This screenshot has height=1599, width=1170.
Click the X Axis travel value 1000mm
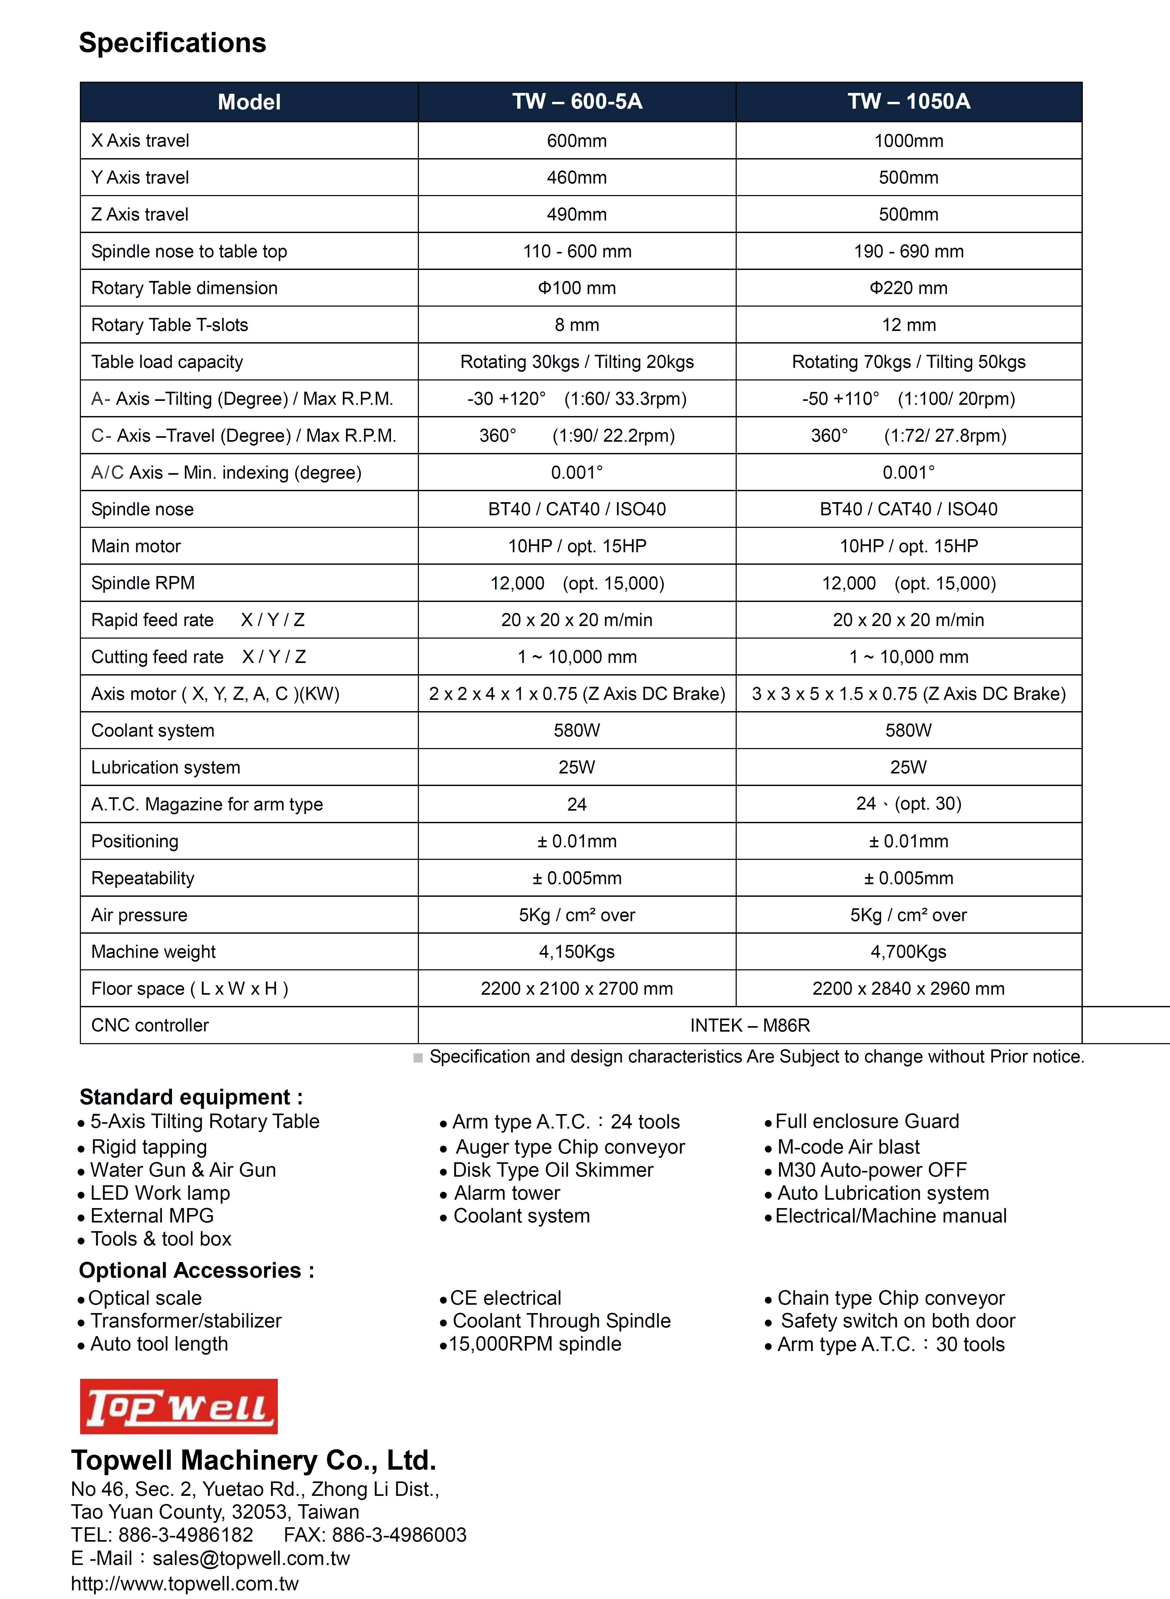click(909, 141)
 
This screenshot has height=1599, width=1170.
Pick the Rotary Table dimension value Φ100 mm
click(577, 288)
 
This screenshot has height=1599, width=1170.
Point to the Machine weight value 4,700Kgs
click(909, 952)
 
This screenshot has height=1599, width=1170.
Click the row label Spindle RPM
click(143, 583)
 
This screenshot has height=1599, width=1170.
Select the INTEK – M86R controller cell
click(750, 1025)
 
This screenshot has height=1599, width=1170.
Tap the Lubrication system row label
click(166, 768)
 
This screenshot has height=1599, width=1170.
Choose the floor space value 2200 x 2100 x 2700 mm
click(577, 989)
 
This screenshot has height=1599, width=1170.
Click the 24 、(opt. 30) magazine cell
click(909, 804)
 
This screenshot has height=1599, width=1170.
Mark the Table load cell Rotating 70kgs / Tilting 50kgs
click(909, 362)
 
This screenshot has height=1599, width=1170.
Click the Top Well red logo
click(179, 1406)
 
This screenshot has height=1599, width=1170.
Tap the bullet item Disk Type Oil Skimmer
click(552, 1170)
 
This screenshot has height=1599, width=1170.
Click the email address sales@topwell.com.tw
click(251, 1558)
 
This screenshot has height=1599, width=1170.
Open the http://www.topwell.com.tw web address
click(185, 1583)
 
